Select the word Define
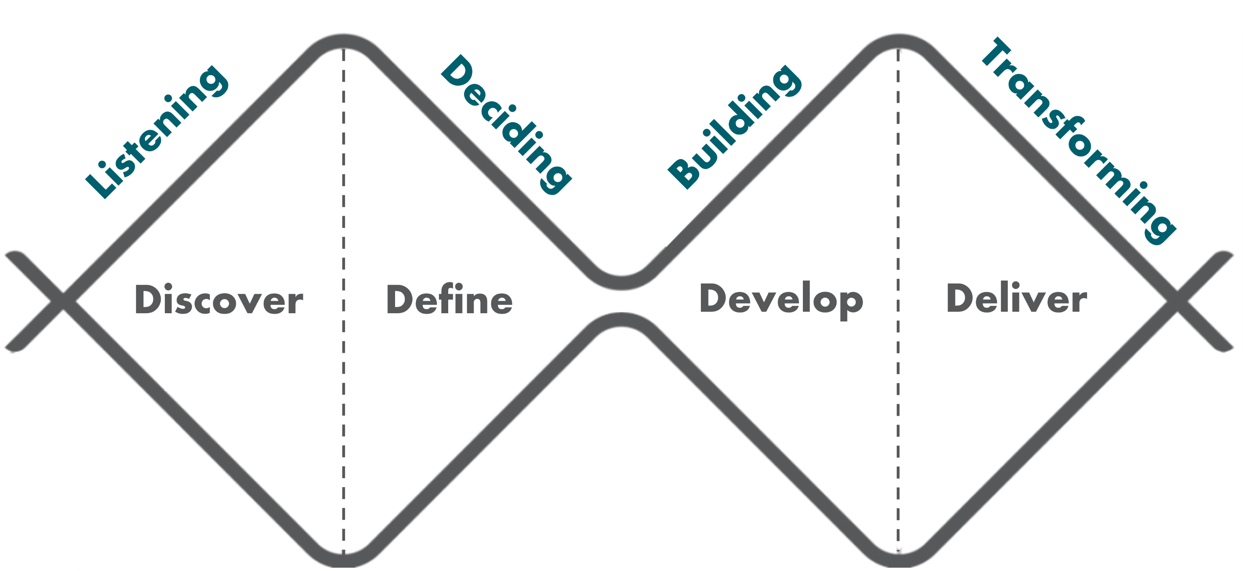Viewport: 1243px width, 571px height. (449, 300)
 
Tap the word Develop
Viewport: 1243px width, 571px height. (781, 300)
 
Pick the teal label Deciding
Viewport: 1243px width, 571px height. (507, 124)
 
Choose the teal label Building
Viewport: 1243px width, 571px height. (734, 126)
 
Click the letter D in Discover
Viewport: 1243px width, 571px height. (149, 300)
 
